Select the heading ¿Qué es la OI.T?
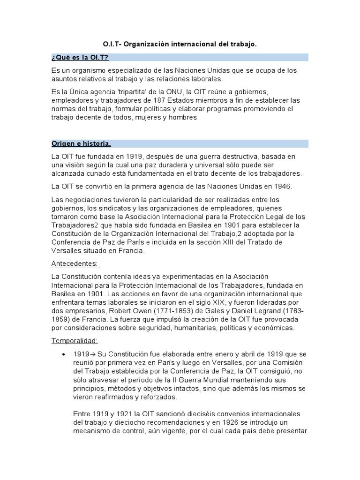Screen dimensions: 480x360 pos(80,57)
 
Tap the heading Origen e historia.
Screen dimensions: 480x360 pos(81,143)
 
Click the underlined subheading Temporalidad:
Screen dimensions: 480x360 pos(75,341)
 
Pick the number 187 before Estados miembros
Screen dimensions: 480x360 pos(160,100)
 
